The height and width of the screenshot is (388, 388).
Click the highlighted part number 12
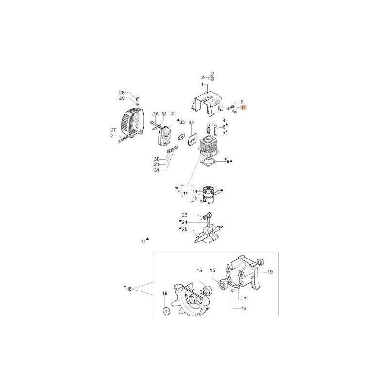point(243,108)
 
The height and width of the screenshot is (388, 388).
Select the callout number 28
point(122,92)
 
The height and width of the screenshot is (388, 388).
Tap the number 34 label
point(191,122)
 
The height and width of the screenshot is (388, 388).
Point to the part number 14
point(143,241)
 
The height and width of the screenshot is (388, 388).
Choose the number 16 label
point(244,308)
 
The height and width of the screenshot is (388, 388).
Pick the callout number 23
point(184,215)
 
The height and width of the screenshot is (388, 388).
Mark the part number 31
point(157,170)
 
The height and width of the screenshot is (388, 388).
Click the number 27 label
point(114,130)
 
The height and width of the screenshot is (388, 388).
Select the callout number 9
point(241,101)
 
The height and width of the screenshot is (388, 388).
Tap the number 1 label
point(203,85)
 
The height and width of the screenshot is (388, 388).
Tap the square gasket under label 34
point(191,138)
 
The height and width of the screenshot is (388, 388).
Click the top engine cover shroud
point(209,104)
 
